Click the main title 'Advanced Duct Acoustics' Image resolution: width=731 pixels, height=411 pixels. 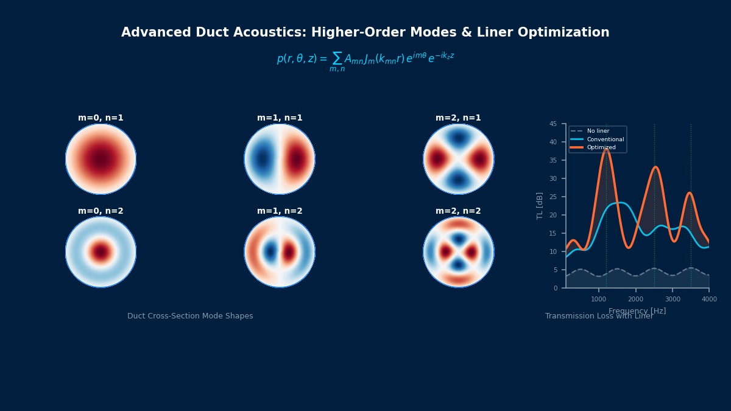pos(365,33)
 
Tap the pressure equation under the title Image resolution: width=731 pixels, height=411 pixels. pos(365,60)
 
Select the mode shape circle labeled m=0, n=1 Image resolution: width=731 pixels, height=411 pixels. pos(101,159)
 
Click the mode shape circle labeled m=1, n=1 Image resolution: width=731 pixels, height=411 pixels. pos(280,159)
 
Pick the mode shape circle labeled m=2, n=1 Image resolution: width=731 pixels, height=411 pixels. pos(459,159)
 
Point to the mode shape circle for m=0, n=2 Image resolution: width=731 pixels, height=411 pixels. pos(101,252)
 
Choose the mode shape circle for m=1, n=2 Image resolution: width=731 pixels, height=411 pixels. pos(280,252)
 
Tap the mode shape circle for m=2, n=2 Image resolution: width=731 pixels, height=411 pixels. pos(459,252)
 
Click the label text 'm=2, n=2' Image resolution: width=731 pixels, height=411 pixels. pos(458,211)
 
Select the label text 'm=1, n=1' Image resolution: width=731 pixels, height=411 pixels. pos(280,118)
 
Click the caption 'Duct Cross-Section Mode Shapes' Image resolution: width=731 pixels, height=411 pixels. pos(190,317)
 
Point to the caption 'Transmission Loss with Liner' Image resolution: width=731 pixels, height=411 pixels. pos(599,317)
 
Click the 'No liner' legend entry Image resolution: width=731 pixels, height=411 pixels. pos(598,131)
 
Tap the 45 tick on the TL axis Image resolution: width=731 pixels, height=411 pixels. pos(553,124)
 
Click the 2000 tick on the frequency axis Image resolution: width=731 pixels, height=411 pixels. pos(635,299)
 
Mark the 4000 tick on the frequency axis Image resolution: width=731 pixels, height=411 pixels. pos(709,299)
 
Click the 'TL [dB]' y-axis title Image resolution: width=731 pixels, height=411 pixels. pos(540,206)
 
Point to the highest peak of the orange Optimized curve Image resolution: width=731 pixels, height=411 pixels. pos(606,149)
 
